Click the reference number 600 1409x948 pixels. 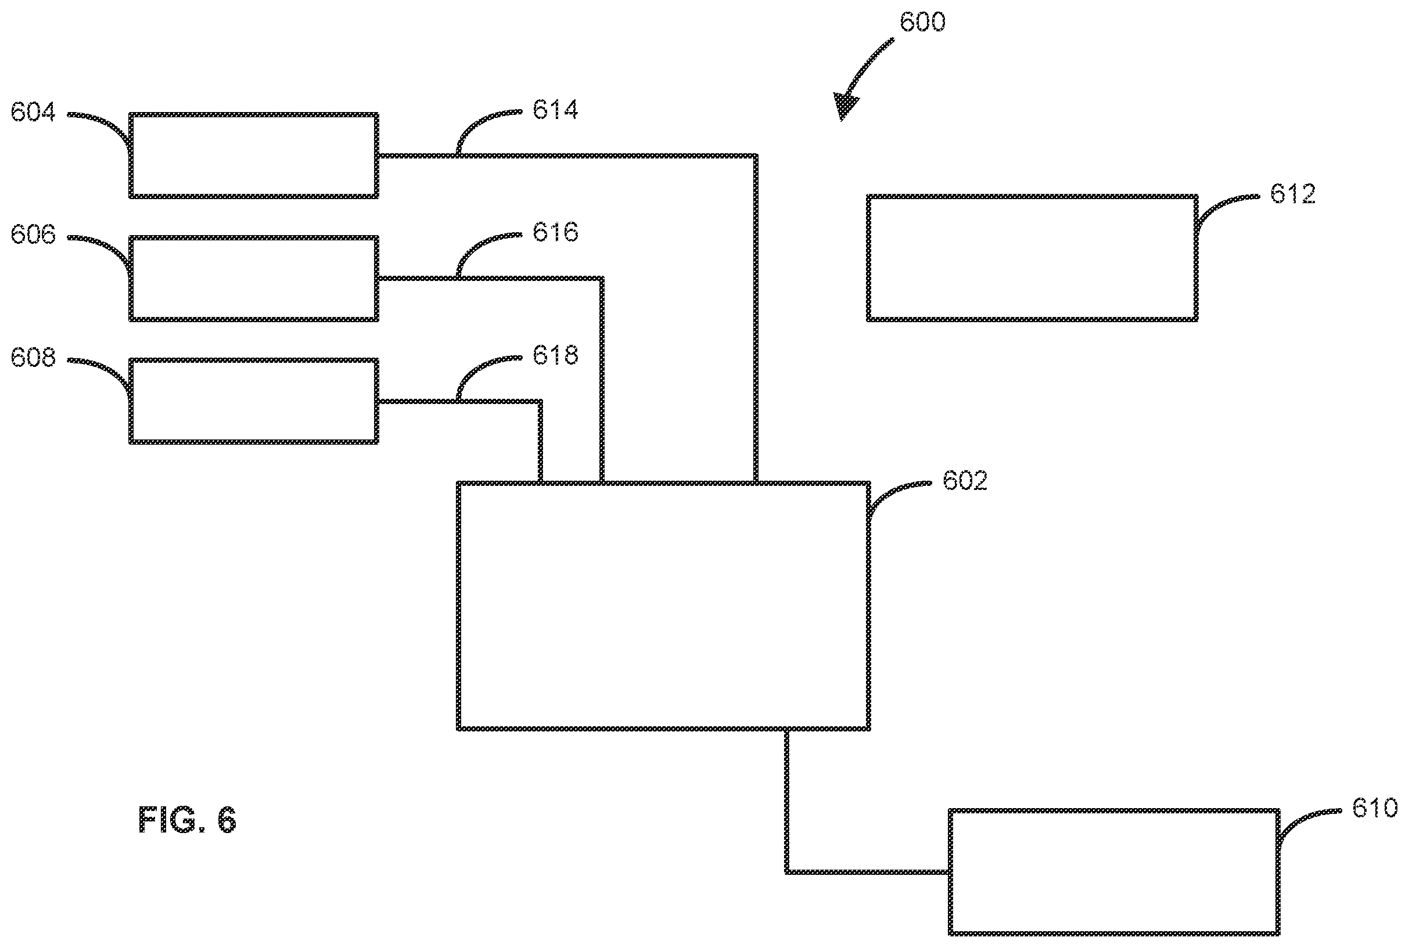click(922, 21)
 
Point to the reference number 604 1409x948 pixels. click(33, 113)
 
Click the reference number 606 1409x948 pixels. click(33, 235)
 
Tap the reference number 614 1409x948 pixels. click(555, 110)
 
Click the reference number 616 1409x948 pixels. click(555, 232)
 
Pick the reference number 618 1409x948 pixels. click(555, 355)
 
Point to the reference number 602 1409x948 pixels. click(965, 481)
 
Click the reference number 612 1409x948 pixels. click(1293, 194)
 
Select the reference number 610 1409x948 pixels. click(1375, 808)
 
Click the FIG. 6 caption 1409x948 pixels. click(187, 820)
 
